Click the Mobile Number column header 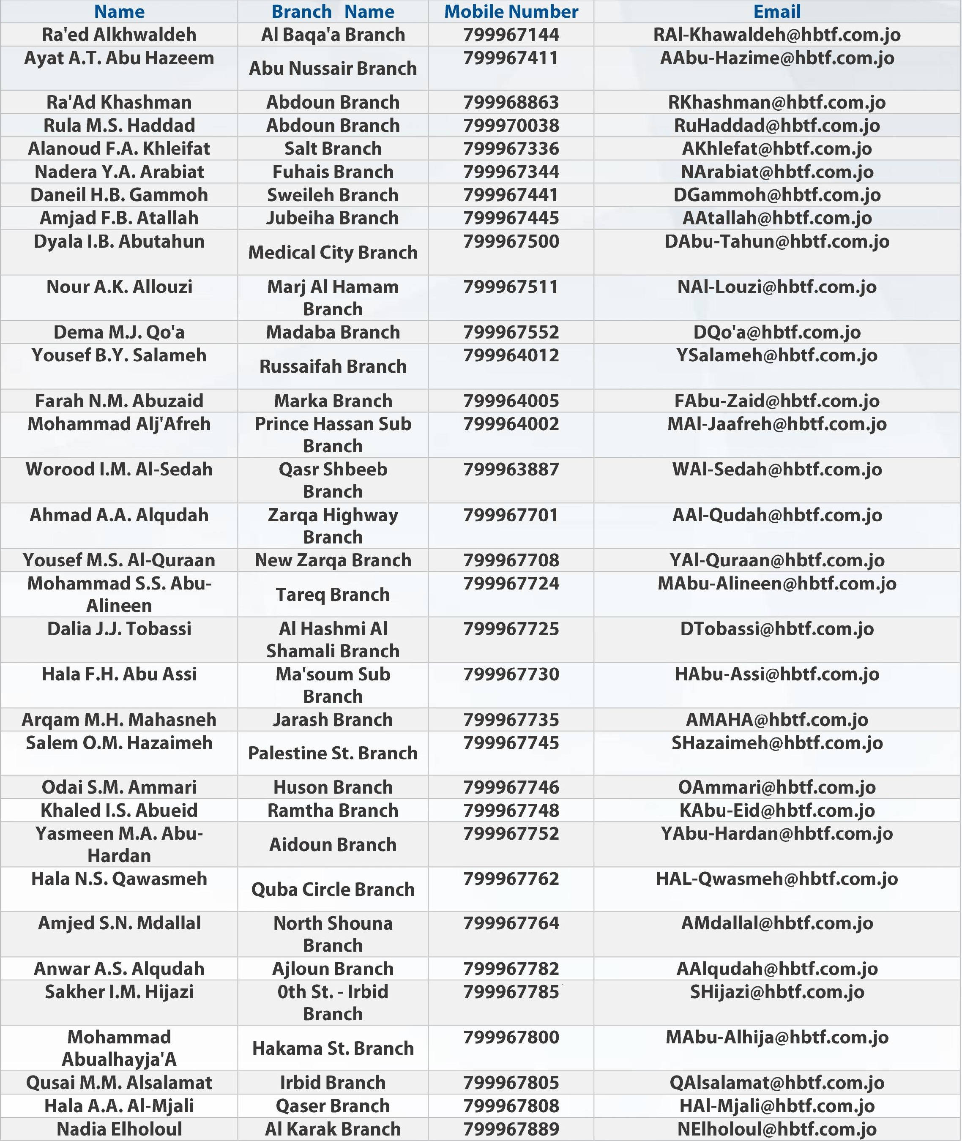511,11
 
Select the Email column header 776,11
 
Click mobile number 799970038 511,126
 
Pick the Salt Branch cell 333,148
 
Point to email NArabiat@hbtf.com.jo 776,172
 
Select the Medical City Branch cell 333,252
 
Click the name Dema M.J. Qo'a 119,332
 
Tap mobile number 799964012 511,355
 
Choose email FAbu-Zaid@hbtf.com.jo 776,401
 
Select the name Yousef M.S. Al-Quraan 119,560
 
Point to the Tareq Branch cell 333,594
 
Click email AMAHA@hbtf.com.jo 776,720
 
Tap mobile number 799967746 511,787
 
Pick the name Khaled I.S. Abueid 119,810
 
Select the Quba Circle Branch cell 333,889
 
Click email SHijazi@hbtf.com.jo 776,992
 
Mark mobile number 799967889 511,1129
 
